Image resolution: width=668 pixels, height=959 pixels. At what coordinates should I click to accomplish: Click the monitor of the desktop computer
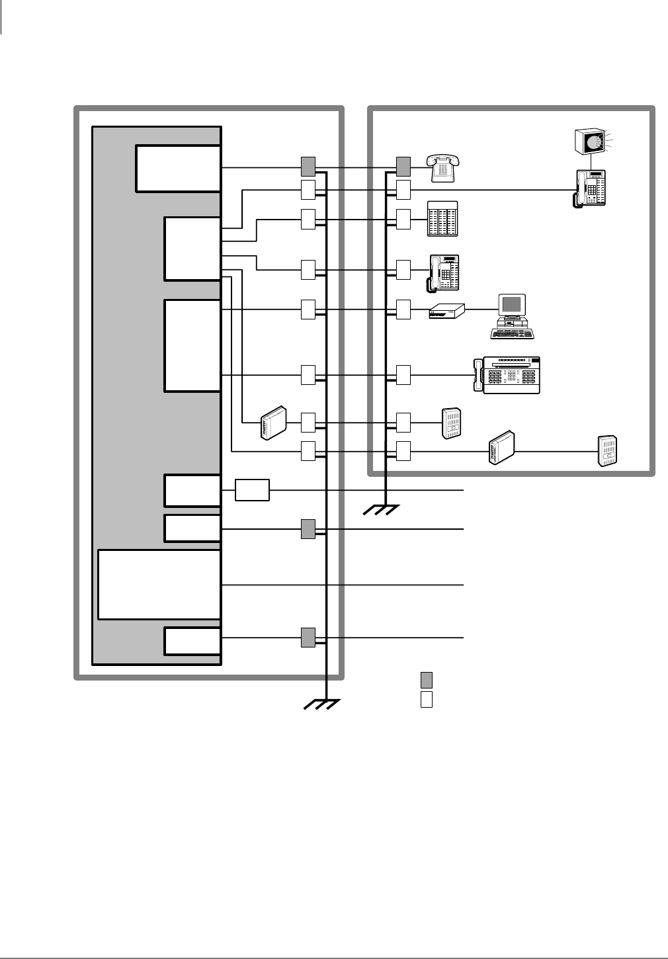pos(513,305)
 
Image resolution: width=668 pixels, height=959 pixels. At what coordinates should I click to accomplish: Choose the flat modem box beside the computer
pos(447,311)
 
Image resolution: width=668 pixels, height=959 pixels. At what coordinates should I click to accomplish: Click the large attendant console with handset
pos(508,376)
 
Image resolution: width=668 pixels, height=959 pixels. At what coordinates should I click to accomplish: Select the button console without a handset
pos(442,218)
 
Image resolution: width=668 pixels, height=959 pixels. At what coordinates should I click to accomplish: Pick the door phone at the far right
pos(606,450)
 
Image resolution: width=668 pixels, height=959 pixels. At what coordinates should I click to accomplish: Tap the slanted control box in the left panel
pos(273,421)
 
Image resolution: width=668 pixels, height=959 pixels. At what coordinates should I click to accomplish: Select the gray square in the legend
pos(427,680)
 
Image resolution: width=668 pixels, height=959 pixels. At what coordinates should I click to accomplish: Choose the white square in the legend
pos(427,699)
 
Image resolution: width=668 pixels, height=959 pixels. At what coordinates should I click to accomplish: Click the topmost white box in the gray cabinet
pos(178,169)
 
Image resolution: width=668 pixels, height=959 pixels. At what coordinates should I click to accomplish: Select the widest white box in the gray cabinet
pos(159,584)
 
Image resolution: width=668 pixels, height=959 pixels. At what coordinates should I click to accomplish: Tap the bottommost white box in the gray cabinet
pos(192,641)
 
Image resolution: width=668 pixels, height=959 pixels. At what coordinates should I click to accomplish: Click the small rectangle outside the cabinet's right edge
pos(252,491)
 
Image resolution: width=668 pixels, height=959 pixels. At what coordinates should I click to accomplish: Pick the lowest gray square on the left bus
pos(308,638)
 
